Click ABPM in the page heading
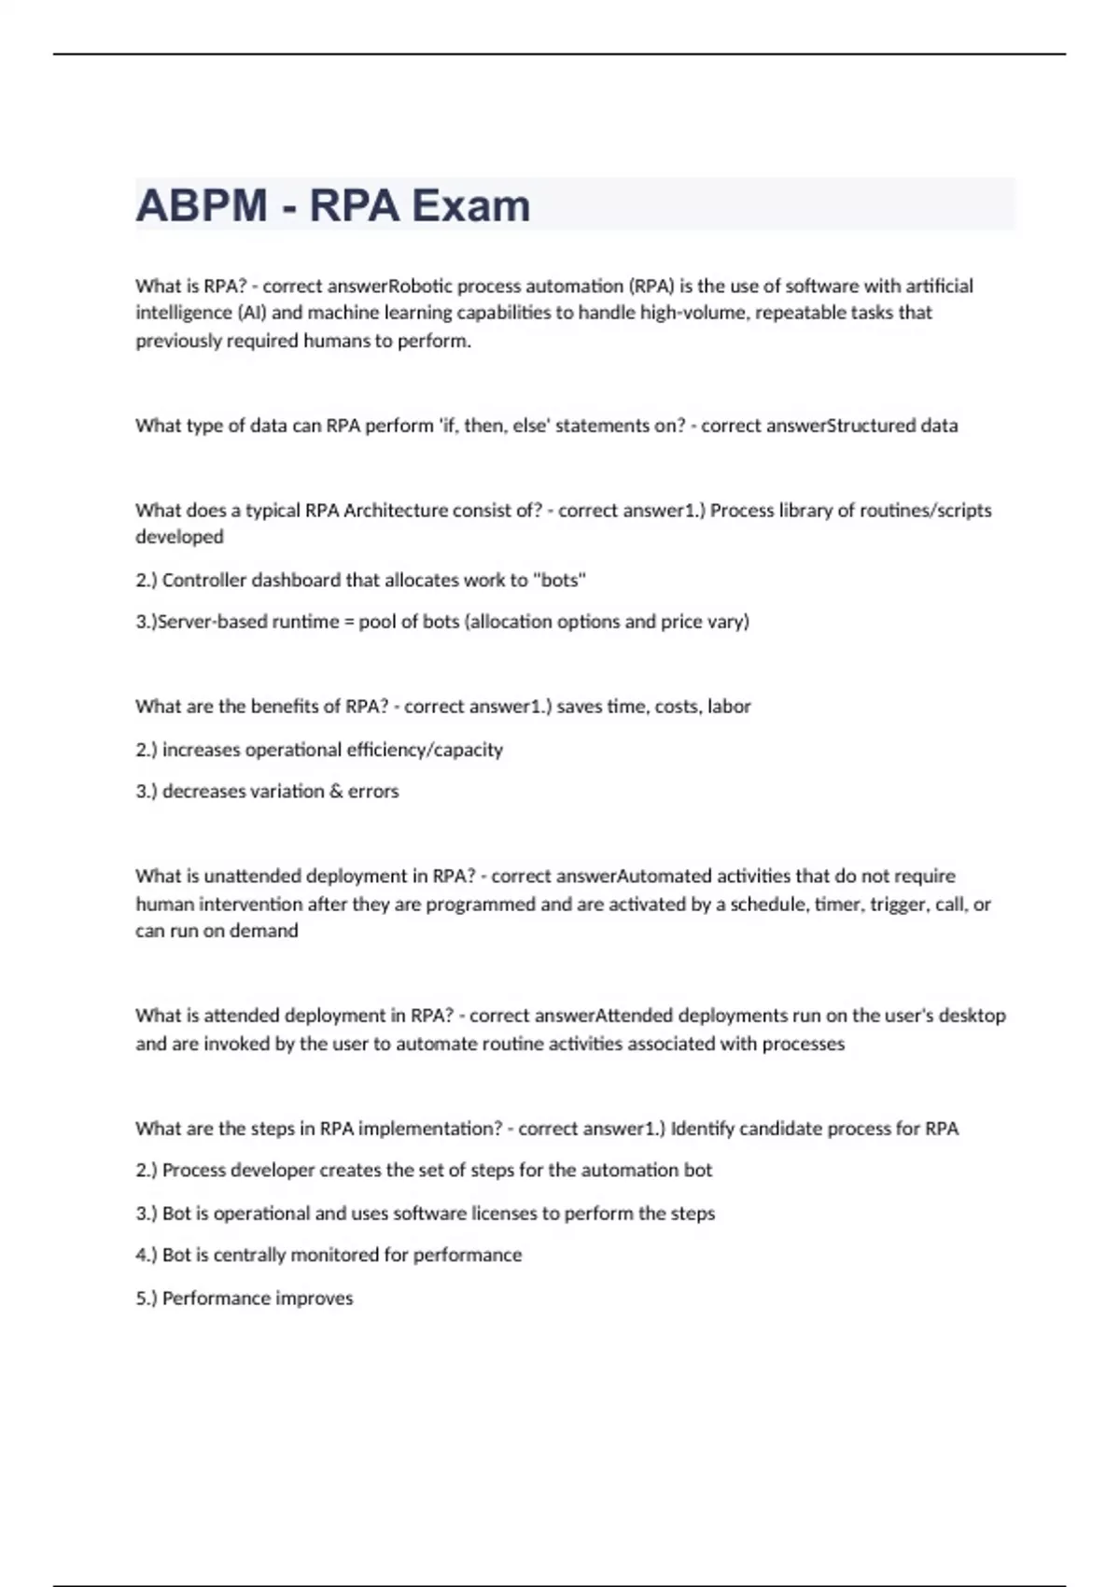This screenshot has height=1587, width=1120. coord(202,205)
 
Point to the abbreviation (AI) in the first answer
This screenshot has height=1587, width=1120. coord(252,313)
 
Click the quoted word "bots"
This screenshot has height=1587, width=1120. coord(559,581)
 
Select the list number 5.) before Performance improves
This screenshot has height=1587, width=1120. coord(146,1299)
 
